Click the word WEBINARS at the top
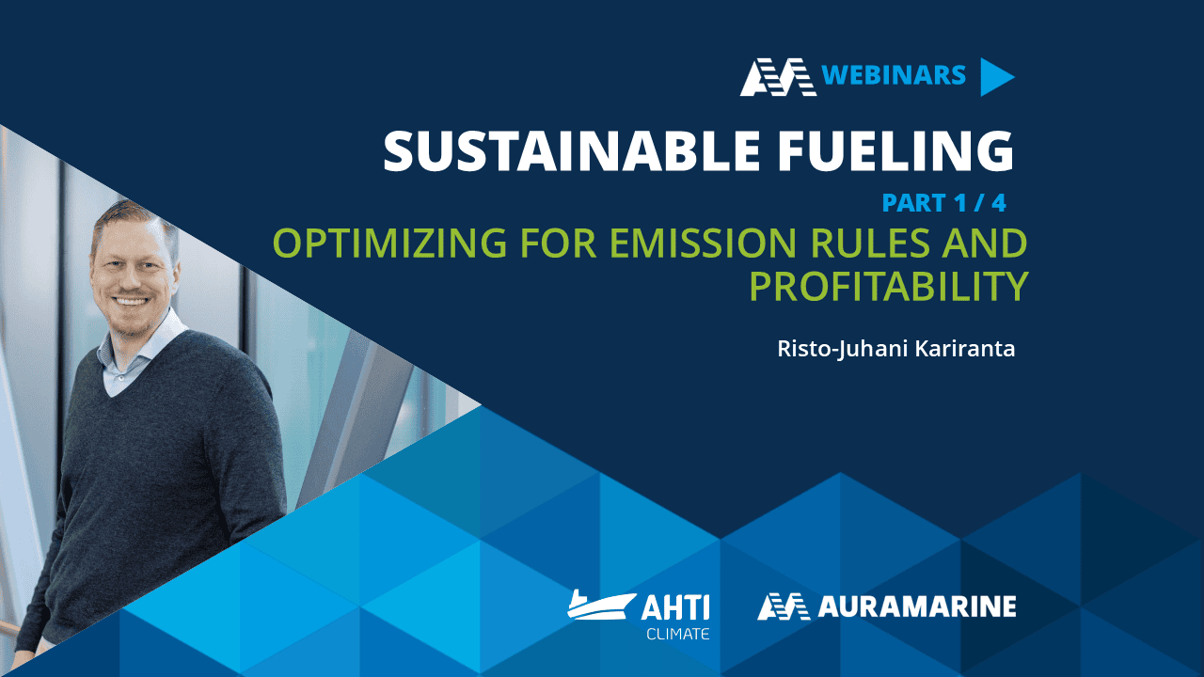click(x=894, y=75)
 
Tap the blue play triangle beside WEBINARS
click(x=995, y=77)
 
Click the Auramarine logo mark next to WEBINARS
click(x=777, y=77)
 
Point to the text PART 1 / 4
click(x=943, y=203)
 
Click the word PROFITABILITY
click(x=888, y=287)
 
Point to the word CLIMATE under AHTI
click(x=677, y=634)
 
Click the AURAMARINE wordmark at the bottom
click(x=916, y=607)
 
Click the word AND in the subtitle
click(x=989, y=244)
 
